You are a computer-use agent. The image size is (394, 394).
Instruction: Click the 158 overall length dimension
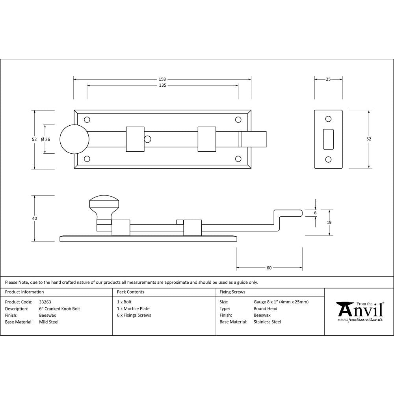(x=162, y=79)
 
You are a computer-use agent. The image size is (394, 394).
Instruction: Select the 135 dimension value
(x=162, y=85)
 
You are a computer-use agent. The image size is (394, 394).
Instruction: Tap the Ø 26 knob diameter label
(x=45, y=139)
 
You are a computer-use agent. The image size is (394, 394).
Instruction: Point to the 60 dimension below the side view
(x=269, y=268)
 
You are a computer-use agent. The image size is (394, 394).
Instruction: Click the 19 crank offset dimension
(x=329, y=223)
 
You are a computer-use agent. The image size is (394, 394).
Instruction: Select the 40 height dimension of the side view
(x=35, y=218)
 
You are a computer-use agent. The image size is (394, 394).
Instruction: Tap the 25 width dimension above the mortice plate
(x=328, y=79)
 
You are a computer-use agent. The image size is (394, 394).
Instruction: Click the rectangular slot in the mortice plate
(x=328, y=139)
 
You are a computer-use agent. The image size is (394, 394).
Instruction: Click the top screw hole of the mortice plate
(x=328, y=119)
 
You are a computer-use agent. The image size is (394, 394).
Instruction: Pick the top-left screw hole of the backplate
(x=87, y=119)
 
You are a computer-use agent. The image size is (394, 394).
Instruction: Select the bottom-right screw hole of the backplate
(x=238, y=159)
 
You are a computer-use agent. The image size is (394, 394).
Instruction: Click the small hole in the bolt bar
(x=148, y=139)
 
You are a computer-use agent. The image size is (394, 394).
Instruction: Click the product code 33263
(x=45, y=302)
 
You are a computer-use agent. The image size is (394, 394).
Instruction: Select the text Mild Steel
(x=49, y=322)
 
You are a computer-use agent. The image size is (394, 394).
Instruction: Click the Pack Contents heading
(x=130, y=292)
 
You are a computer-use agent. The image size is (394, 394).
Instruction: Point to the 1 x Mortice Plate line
(x=133, y=309)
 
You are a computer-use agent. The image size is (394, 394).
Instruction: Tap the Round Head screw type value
(x=266, y=309)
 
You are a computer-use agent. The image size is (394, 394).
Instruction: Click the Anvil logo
(x=359, y=311)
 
